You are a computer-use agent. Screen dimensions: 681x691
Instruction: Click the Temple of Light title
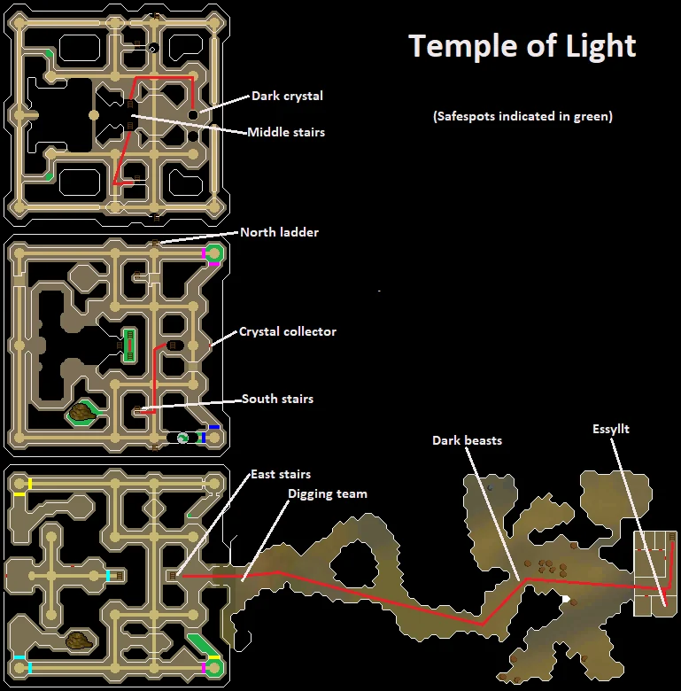point(522,47)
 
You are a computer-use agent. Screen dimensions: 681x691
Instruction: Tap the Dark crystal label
point(287,96)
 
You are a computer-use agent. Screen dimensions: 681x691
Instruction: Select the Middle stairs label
point(286,132)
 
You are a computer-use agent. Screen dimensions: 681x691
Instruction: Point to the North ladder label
point(279,232)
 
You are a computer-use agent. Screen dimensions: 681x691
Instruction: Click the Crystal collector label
point(288,331)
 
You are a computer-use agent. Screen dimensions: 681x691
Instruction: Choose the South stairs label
point(277,399)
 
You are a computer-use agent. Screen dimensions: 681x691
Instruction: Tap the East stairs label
point(281,474)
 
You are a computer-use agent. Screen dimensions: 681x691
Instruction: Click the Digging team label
point(328,494)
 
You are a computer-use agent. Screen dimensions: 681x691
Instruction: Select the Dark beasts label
point(467,440)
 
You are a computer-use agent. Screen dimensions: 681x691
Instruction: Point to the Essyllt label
point(611,430)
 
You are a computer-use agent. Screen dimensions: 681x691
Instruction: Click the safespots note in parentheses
point(522,116)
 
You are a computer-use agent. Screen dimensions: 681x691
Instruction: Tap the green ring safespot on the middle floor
point(214,253)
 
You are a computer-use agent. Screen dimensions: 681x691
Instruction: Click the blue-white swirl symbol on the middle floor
point(182,438)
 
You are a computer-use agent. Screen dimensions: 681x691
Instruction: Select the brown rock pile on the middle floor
point(82,413)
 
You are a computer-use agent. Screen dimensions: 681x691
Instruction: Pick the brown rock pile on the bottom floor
point(80,641)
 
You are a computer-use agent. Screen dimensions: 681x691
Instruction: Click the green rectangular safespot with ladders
point(129,345)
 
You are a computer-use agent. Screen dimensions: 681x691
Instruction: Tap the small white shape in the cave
point(566,599)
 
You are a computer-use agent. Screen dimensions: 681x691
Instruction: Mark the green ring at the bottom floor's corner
point(214,668)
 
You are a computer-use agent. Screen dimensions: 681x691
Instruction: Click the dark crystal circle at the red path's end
point(193,115)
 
